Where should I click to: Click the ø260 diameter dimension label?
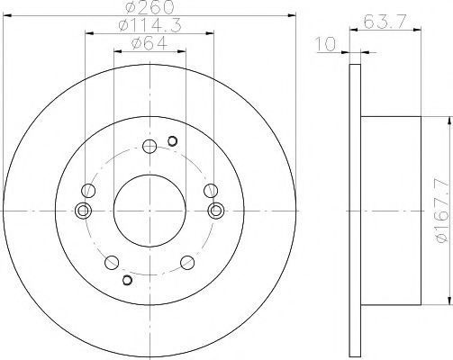coord(149,6)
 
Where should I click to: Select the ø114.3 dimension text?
coord(149,25)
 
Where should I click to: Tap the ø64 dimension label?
coord(149,44)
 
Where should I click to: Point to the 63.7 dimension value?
coord(385,22)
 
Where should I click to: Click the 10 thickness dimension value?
coord(326,44)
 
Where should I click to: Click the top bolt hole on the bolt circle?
coord(149,147)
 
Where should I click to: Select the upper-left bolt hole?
coord(88,191)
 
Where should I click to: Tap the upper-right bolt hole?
coord(211,191)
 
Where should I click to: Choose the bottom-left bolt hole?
coord(112,263)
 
